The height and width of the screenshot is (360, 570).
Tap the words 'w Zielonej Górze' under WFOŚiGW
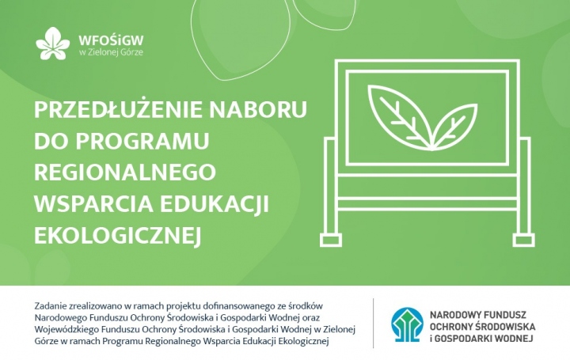(111, 52)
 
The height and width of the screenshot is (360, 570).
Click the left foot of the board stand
(335, 238)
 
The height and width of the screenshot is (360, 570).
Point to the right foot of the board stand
(523, 238)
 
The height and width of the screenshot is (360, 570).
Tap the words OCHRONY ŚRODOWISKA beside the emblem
(482, 326)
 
